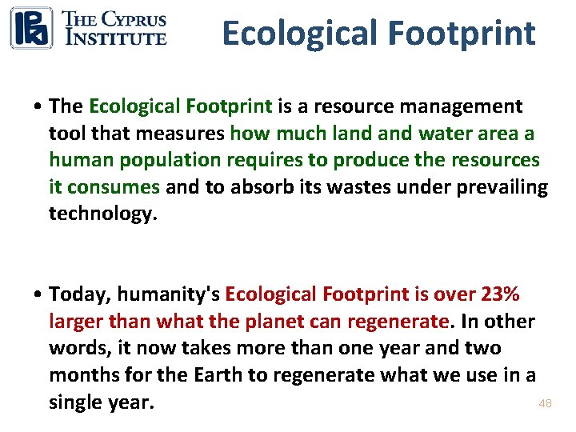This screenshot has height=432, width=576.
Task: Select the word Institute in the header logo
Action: pyautogui.click(x=115, y=37)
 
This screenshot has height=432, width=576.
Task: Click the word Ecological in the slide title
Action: pyautogui.click(x=300, y=34)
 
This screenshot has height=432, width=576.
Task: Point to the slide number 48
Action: pyautogui.click(x=545, y=404)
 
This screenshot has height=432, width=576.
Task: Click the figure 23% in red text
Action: pyautogui.click(x=501, y=294)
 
